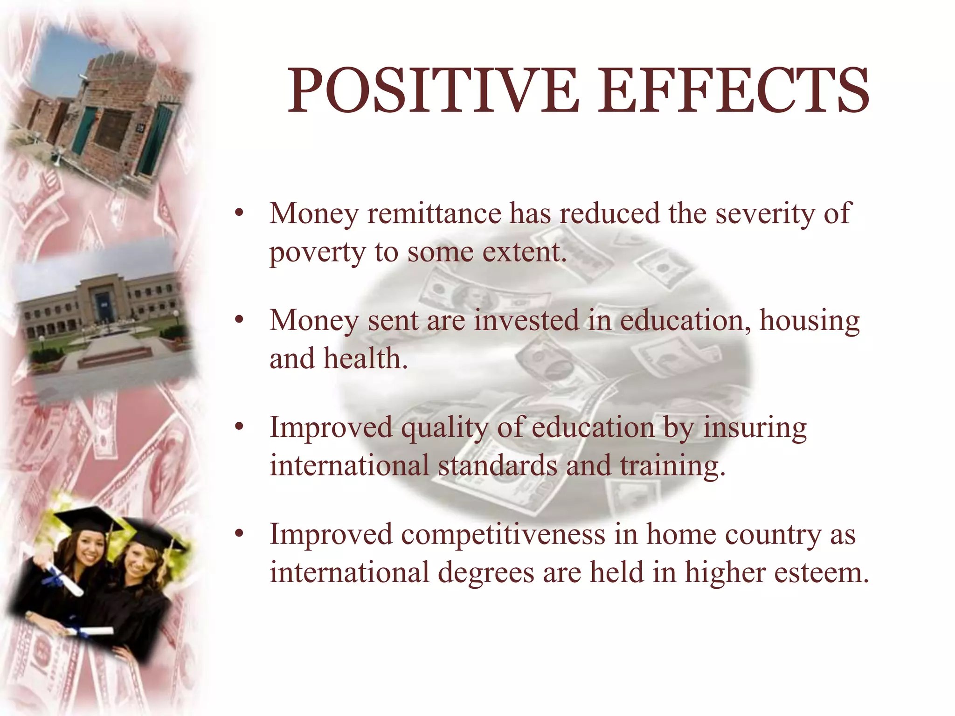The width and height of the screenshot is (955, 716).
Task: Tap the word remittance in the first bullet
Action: point(434,213)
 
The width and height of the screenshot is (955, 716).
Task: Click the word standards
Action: point(498,466)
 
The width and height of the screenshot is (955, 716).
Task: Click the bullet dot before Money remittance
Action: point(239,213)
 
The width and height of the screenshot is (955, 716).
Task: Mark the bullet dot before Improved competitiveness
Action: point(239,534)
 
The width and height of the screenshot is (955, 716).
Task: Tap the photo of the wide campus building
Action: point(103,317)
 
